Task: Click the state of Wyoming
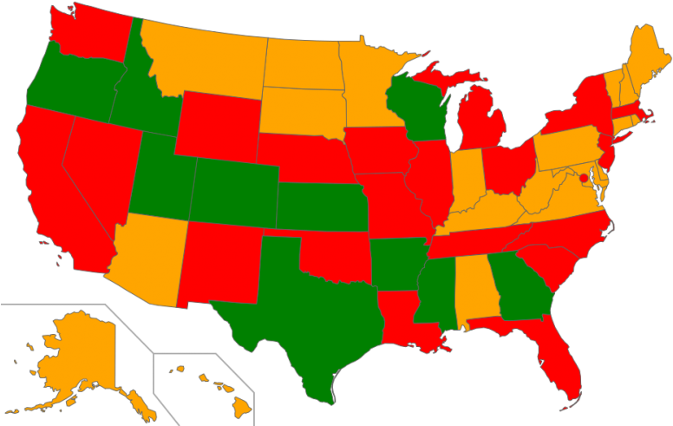[x=217, y=126]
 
